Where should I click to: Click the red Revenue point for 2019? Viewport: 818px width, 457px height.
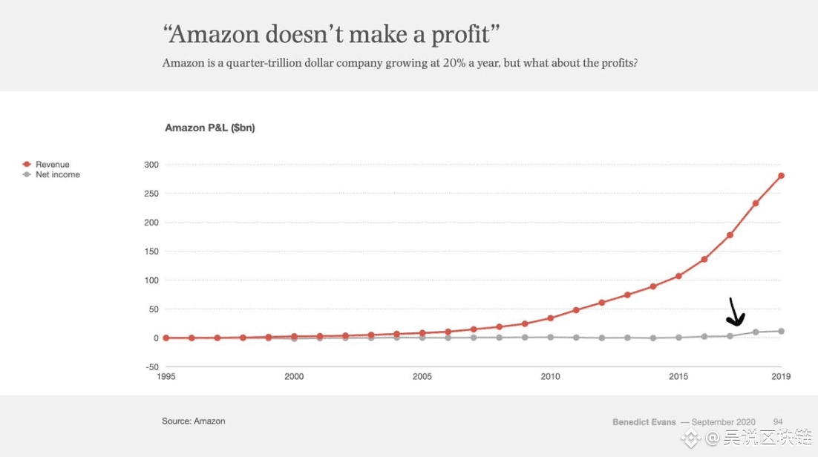coord(781,176)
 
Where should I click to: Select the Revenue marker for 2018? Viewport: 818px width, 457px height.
coord(756,203)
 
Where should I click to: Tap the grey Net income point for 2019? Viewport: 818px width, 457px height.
coord(781,331)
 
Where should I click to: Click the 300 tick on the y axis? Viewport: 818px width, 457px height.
coord(151,165)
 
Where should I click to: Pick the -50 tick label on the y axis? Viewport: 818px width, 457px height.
coord(151,367)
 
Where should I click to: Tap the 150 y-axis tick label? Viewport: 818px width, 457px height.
coord(151,251)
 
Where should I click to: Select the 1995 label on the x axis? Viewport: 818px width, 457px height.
coord(166,377)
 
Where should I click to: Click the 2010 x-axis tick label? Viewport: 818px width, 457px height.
coord(551,377)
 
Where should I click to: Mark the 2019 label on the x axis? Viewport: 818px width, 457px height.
coord(781,377)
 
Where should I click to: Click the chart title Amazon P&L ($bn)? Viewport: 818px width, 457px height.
coord(210,128)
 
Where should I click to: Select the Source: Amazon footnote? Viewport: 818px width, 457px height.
coord(194,421)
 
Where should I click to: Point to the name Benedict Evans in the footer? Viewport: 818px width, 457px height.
coord(644,422)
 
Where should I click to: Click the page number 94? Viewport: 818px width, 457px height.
coord(777,422)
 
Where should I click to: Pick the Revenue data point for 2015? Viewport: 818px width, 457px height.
coord(678,276)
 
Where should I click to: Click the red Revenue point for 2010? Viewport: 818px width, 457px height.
coord(551,318)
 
